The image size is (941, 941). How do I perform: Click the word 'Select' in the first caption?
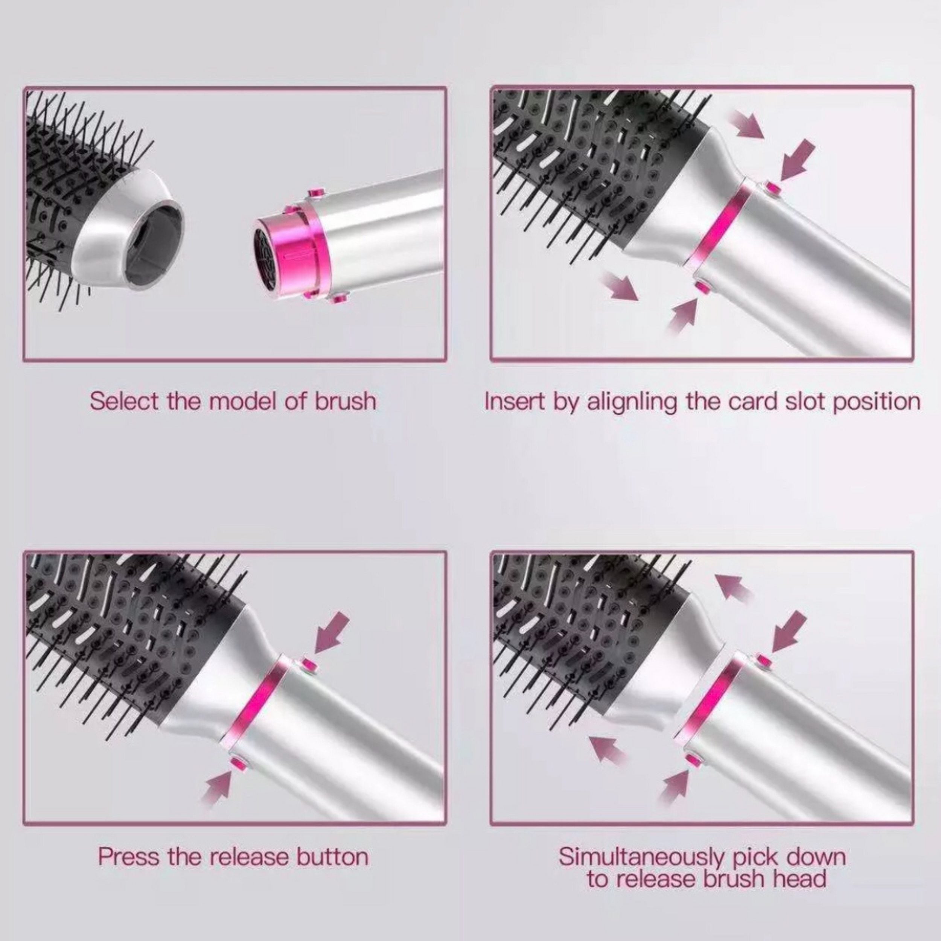coord(124,401)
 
